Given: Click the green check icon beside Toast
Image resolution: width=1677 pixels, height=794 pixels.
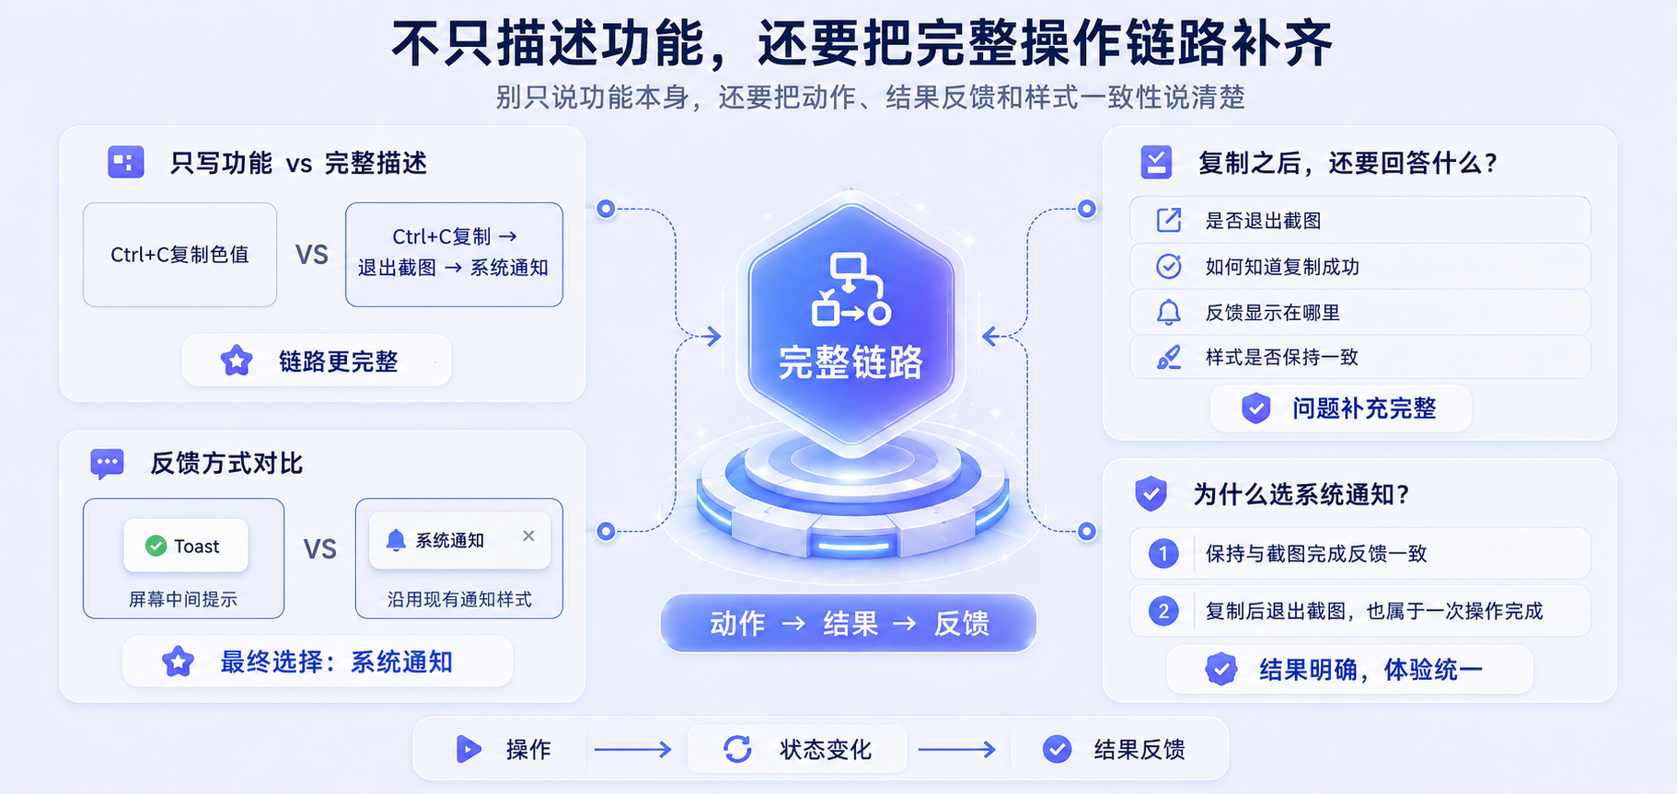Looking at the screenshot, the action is pos(156,546).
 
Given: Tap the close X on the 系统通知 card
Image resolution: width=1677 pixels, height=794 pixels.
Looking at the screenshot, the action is pos(528,535).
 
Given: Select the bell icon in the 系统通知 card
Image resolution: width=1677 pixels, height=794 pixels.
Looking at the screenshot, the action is pos(396,540).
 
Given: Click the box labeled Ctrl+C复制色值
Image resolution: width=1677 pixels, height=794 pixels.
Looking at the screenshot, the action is pos(179,255).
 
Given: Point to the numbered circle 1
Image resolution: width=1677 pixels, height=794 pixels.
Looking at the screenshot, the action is pos(1163,553).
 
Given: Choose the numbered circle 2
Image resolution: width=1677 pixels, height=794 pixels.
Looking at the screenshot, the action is pos(1163,611).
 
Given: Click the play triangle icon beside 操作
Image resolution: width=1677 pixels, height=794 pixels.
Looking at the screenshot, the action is pos(468,749).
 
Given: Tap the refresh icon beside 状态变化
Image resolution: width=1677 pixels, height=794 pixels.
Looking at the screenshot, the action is pos(737,749).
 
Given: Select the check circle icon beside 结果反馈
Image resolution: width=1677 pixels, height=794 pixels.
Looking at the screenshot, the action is pos(1057,749).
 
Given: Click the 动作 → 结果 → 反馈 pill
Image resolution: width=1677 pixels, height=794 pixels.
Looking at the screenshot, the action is pos(849,623).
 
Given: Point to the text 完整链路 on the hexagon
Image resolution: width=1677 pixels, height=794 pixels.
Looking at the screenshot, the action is pos(850,362).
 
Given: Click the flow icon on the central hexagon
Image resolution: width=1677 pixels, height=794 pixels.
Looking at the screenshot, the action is pos(850,289).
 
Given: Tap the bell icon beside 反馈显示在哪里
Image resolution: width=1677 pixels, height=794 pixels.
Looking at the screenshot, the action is pos(1168,313).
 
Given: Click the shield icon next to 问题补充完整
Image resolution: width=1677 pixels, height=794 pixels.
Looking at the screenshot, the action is pos(1255,408).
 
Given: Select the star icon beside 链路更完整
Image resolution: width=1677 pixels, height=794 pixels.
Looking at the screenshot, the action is pos(237,361).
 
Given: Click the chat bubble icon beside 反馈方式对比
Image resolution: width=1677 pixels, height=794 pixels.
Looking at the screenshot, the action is pos(107,464).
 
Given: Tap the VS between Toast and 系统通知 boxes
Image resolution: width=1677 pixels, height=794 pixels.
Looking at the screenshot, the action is pos(320,549).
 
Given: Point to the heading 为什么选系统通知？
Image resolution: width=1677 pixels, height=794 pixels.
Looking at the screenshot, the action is pos(1301,494).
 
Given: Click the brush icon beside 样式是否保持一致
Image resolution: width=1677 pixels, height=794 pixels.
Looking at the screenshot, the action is pos(1168,357).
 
